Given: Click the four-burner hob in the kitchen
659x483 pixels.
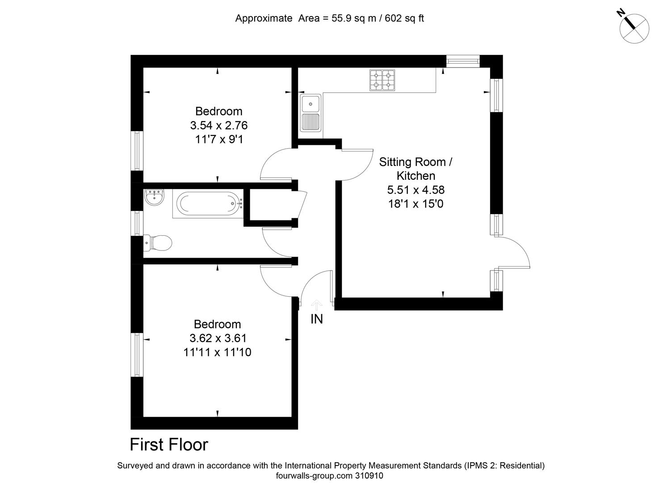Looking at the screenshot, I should (x=382, y=80).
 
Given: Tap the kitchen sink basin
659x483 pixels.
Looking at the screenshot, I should (x=310, y=104).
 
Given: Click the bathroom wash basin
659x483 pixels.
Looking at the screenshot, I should (x=154, y=197).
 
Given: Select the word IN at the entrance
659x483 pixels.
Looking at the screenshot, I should (x=316, y=319).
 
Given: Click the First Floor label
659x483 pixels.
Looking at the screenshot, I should (x=169, y=445).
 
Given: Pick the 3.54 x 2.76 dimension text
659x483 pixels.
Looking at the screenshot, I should (x=218, y=125).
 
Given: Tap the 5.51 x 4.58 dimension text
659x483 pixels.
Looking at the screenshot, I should (x=416, y=190).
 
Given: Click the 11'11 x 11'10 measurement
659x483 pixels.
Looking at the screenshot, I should (x=217, y=352).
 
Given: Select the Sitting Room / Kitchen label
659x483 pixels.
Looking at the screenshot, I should (x=416, y=168).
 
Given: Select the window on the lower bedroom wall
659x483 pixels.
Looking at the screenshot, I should (x=137, y=355).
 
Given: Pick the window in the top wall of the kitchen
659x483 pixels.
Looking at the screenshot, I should (x=462, y=61).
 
